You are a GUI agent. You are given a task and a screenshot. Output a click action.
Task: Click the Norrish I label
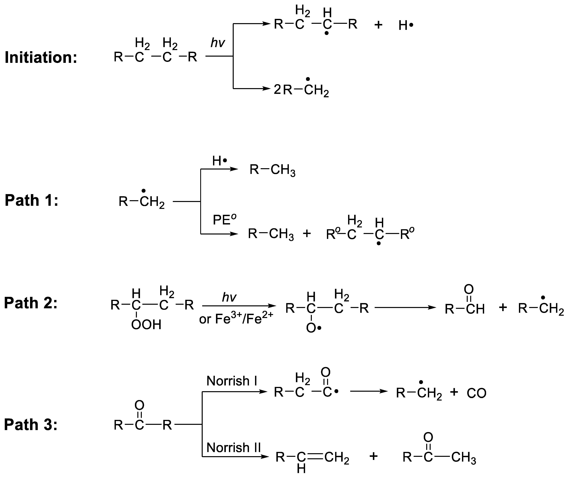[232, 381]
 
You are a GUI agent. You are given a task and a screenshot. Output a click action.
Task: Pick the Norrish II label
[233, 447]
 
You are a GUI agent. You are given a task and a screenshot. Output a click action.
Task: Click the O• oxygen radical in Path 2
[313, 328]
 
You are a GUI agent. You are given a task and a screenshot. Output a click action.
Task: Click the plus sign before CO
[454, 392]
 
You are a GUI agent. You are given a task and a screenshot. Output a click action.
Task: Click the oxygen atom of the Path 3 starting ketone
[139, 405]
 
